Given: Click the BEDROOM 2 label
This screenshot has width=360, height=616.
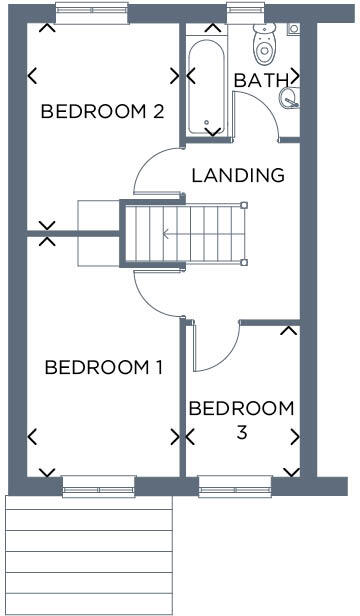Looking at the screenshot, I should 102,111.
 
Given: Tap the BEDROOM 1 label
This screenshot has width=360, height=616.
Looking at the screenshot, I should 104,368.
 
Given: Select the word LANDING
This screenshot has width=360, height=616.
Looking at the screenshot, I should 237,175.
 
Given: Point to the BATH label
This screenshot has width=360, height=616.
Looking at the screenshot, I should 262,80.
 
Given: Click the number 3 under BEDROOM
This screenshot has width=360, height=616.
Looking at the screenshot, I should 242,433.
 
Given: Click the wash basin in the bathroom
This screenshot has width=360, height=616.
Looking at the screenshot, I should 289,97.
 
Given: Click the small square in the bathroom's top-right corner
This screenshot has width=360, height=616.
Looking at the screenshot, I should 293,29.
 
